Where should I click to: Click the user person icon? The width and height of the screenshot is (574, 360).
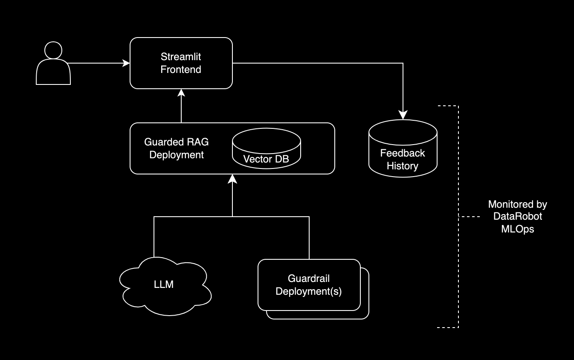coord(53,64)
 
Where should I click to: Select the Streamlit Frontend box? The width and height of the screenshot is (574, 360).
coord(181,63)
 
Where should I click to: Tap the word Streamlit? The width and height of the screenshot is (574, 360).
coord(181,57)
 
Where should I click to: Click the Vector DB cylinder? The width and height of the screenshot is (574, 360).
coord(266,152)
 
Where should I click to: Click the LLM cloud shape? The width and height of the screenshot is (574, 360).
coord(164,285)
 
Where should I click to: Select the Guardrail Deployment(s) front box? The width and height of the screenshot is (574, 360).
coord(309,285)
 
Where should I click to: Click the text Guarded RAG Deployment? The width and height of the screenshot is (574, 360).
coord(177,148)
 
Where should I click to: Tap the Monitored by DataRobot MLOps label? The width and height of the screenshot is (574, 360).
coord(517,217)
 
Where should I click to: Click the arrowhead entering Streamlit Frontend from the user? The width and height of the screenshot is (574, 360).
coord(126,63)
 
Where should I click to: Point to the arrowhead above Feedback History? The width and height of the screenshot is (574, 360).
coord(403,115)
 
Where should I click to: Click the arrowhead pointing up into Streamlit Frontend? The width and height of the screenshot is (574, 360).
coord(181,93)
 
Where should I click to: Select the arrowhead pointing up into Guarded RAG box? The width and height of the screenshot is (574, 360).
coord(232,178)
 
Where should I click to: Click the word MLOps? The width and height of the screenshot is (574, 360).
coord(517,229)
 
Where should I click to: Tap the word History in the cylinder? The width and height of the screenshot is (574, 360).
coord(403,166)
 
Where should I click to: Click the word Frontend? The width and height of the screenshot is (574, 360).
coord(181,70)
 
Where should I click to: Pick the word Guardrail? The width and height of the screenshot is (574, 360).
coord(309,279)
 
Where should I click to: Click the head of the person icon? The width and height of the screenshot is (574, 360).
coord(53,50)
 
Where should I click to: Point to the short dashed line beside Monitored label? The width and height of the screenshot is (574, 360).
coord(471,217)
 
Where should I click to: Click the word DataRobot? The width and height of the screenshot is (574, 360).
coord(518,217)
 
